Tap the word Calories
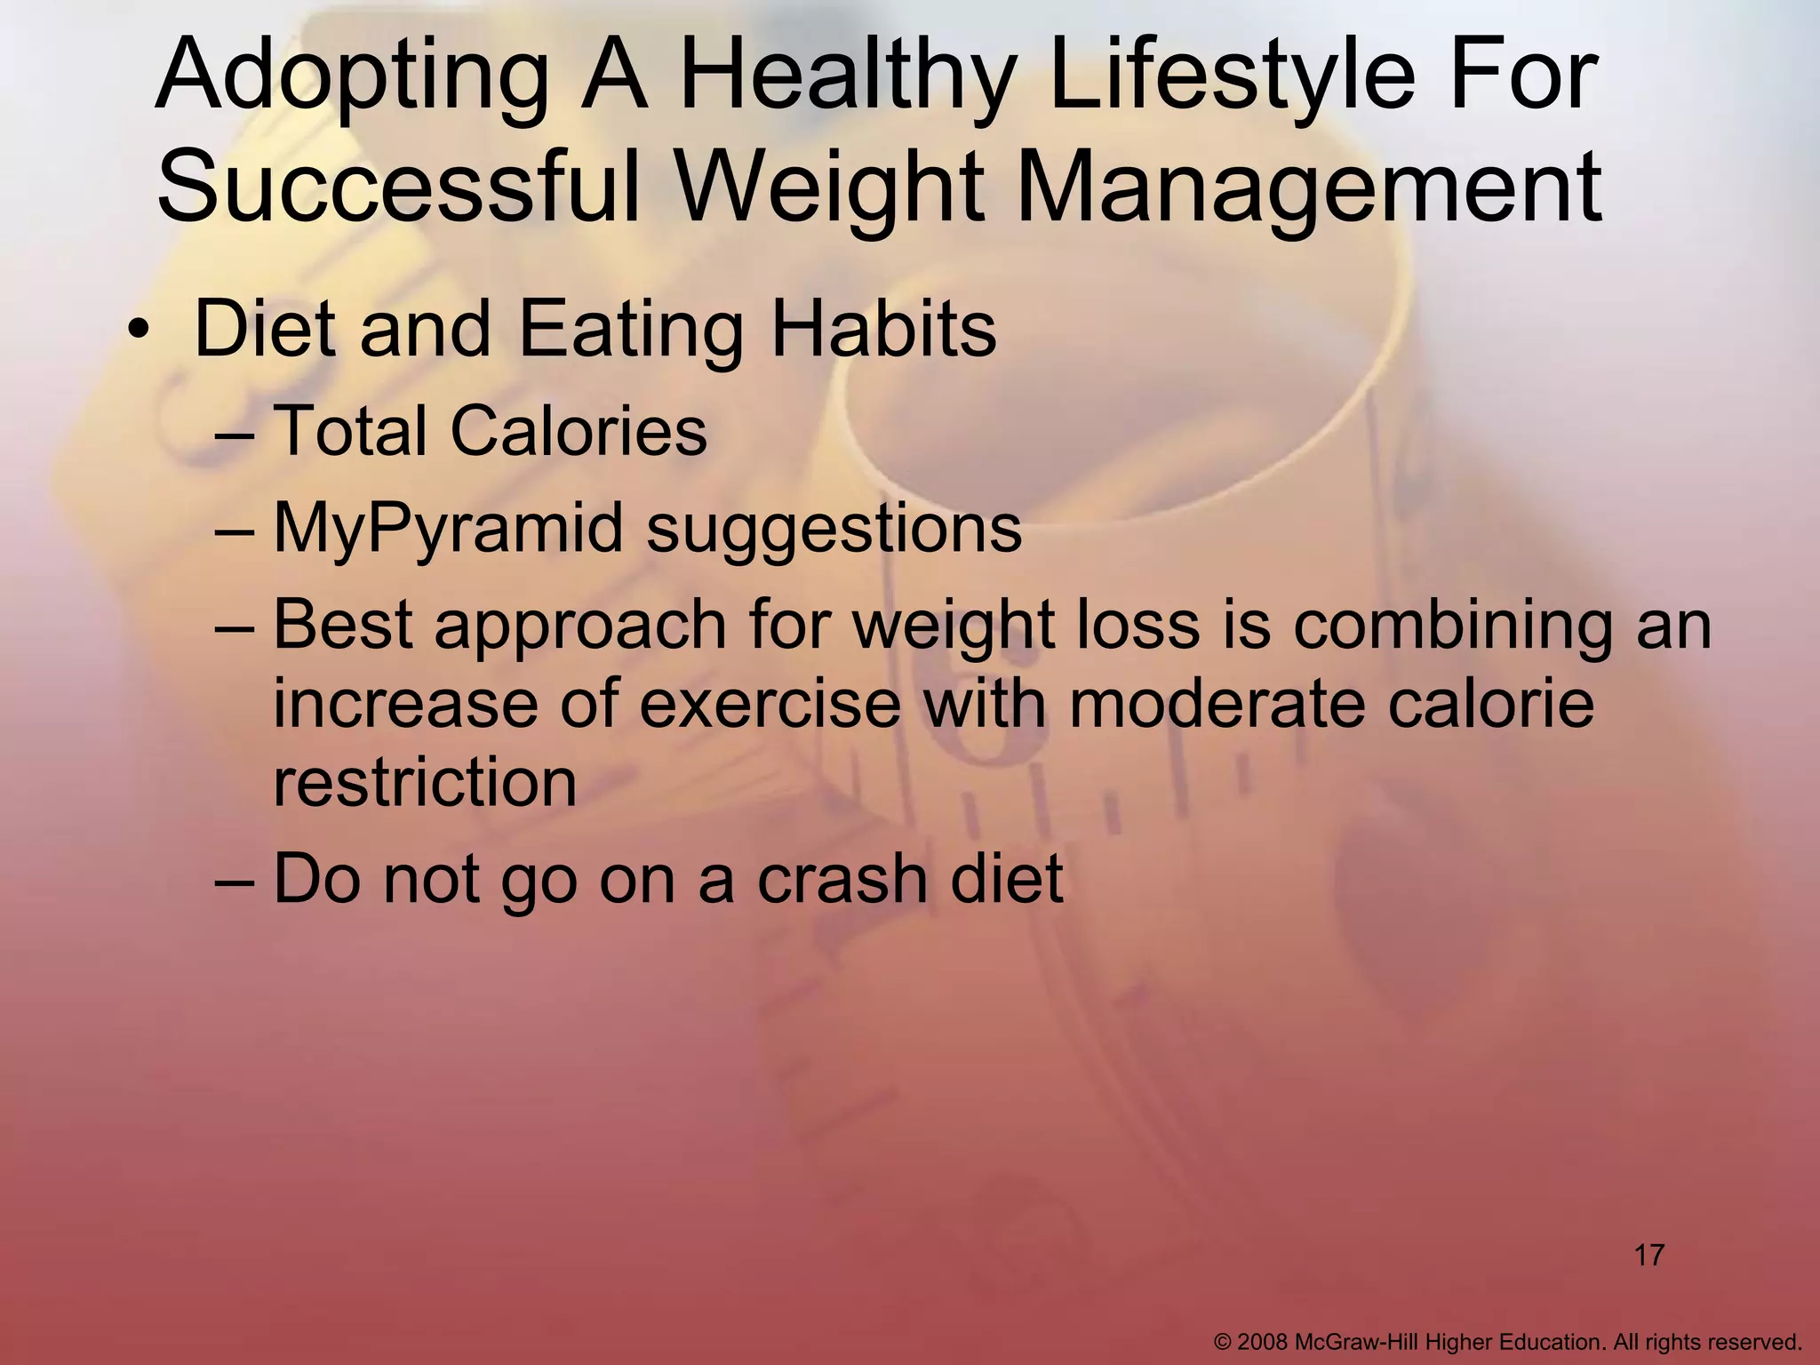click(x=579, y=431)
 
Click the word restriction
click(x=425, y=782)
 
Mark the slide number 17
click(x=1648, y=1256)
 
